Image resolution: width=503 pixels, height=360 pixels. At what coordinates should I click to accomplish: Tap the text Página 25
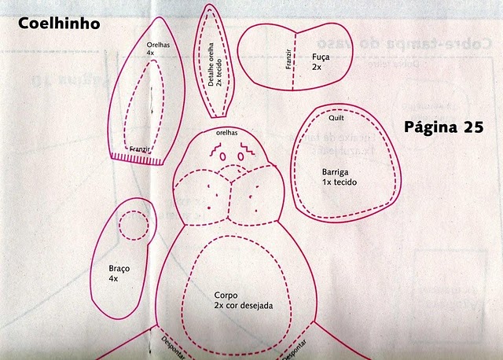pos(443,126)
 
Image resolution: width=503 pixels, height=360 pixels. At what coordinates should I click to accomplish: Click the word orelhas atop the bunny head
pos(226,134)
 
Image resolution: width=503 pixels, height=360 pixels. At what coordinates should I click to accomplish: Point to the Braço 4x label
pos(119,273)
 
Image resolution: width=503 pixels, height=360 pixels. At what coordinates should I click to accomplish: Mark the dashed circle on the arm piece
pos(131,226)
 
